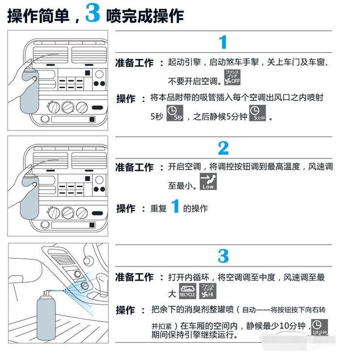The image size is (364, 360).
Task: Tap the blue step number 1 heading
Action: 223,43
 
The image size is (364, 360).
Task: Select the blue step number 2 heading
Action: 223,148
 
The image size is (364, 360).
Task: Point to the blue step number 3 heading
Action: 223,256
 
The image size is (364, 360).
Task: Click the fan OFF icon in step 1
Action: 232,77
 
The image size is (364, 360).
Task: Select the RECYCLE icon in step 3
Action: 187,290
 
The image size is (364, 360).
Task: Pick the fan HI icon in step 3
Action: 208,290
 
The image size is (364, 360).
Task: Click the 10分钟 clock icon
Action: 319,327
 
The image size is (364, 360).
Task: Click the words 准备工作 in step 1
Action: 134,63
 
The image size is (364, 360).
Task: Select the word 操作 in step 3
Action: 126,310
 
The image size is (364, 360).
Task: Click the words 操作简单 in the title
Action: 39,16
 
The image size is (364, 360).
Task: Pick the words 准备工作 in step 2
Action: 134,167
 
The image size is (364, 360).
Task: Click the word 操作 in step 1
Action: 126,98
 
